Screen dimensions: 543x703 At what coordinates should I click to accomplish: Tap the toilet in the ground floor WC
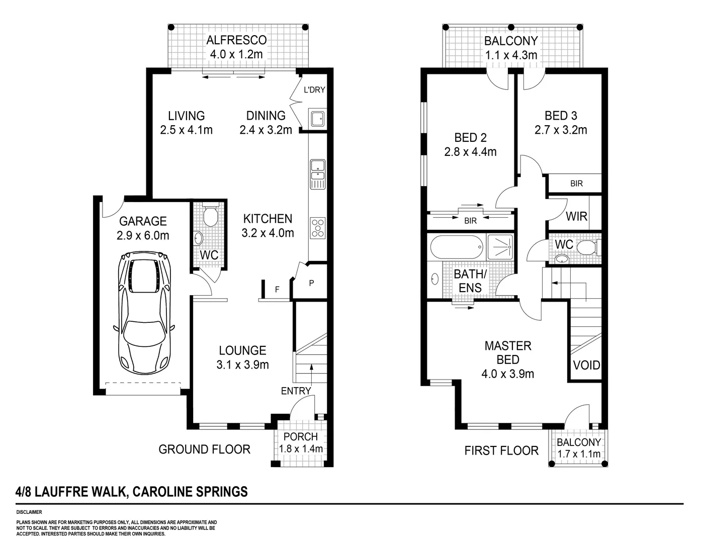[x=210, y=216]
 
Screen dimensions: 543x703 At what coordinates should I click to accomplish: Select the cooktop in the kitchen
[x=318, y=227]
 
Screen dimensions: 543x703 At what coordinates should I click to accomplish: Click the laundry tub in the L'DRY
[x=318, y=119]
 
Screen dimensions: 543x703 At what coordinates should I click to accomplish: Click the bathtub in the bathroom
[x=457, y=247]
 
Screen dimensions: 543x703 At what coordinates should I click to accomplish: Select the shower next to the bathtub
[x=500, y=247]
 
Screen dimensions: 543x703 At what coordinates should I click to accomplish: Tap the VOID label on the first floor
[x=586, y=365]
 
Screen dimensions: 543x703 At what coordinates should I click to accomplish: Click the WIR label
[x=576, y=216]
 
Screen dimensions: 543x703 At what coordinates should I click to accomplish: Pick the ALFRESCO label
[x=237, y=40]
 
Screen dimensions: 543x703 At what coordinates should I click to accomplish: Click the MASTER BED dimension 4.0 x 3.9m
[x=507, y=374]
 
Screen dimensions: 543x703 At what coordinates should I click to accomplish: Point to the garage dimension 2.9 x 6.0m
[x=142, y=235]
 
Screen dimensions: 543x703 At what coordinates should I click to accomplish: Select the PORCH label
[x=300, y=437]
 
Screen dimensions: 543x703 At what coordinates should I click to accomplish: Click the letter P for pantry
[x=311, y=283]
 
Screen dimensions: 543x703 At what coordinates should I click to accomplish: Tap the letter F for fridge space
[x=277, y=290]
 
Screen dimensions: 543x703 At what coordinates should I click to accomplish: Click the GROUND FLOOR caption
[x=204, y=449]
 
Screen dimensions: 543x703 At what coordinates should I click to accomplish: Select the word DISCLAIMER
[x=29, y=512]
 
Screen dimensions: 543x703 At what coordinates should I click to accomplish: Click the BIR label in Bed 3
[x=576, y=184]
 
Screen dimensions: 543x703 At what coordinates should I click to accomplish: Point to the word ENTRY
[x=296, y=391]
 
